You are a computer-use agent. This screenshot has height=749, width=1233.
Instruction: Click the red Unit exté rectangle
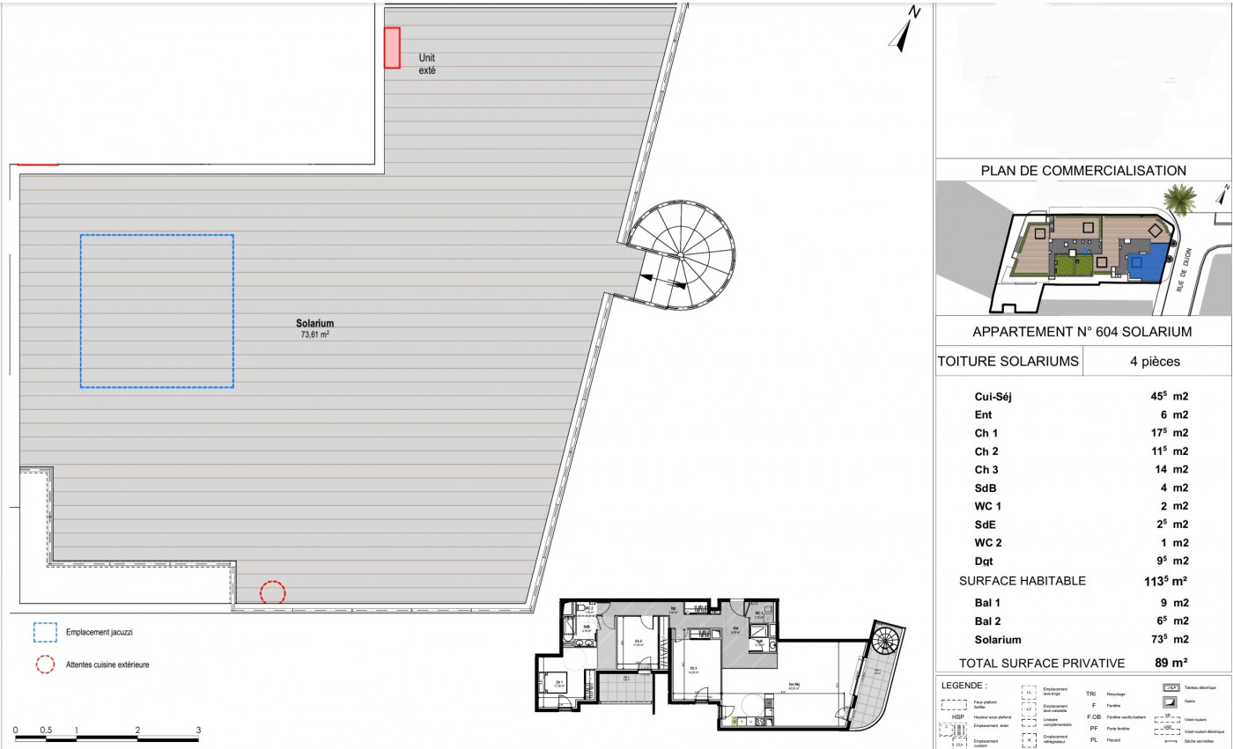click(392, 48)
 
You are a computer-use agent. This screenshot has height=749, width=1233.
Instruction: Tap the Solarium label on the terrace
click(314, 323)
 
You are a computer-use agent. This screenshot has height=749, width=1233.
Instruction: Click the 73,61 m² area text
click(314, 334)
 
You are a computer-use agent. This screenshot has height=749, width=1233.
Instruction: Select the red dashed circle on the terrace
click(273, 592)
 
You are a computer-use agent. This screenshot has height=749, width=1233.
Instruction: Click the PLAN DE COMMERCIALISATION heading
click(1083, 171)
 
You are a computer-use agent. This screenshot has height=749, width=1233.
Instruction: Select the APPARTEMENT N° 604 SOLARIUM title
click(1082, 332)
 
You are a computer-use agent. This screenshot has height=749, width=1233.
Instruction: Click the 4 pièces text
click(1155, 361)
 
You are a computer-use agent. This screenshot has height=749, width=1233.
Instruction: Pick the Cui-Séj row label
click(993, 397)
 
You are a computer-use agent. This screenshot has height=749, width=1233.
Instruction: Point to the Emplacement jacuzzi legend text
click(100, 632)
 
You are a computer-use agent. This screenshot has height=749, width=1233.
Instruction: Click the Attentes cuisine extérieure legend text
click(107, 665)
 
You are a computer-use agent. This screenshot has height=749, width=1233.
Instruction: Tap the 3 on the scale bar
click(198, 730)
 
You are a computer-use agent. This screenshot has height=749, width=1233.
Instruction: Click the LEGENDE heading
click(964, 685)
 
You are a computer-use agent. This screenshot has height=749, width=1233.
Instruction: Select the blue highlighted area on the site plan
click(1142, 266)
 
